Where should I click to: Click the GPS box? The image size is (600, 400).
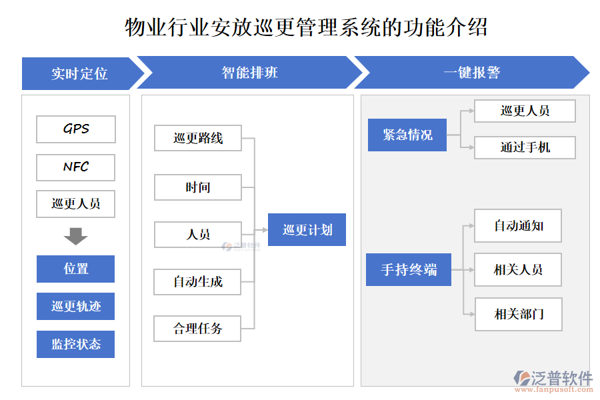[76, 129]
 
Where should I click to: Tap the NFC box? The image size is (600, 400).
[76, 167]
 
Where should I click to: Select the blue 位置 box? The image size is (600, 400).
[76, 269]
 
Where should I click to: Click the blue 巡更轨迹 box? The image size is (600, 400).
[76, 307]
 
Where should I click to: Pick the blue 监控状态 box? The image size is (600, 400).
[76, 344]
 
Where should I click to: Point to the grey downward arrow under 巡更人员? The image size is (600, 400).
[76, 236]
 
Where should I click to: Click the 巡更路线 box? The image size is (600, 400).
[198, 138]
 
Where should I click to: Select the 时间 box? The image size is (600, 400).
[198, 187]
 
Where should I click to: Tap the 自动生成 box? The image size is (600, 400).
[198, 281]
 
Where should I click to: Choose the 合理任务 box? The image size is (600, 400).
[198, 328]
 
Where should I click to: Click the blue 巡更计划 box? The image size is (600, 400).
[307, 230]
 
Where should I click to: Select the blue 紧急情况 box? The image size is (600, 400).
[407, 135]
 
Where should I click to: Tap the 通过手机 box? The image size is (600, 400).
[525, 147]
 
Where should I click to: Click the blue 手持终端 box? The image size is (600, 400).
[408, 270]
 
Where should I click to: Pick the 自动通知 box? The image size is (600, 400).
[518, 226]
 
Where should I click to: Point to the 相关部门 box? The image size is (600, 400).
[518, 314]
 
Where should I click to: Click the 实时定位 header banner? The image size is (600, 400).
[79, 73]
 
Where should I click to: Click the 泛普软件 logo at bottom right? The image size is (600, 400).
[553, 380]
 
